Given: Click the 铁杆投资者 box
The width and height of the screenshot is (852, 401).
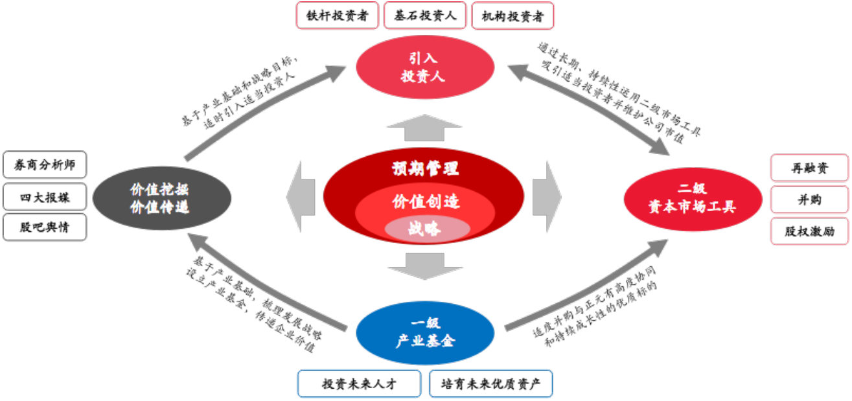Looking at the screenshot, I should pos(337,16).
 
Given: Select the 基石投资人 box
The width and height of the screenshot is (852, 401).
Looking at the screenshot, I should pos(425,16).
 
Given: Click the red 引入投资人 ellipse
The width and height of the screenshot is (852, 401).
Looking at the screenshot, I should pos(424,67).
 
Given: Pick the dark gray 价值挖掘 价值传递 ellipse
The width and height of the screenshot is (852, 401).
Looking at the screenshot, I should pos(161,198).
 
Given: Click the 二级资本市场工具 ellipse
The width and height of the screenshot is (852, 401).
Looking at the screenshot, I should pos(693,199).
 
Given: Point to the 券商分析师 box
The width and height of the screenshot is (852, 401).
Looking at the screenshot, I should pos(45,165).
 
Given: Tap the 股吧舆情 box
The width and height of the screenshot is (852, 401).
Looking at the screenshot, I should pos(45,227).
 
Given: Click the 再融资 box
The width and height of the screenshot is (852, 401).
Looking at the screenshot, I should pos(809,168).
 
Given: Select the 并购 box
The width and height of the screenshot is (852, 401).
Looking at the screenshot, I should pos(809,200).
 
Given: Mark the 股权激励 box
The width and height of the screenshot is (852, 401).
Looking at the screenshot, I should pos(809,231).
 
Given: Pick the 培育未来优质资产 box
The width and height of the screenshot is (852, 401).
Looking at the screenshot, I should pos(490,384).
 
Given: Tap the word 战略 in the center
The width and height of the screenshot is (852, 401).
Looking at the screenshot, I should pos(424,229).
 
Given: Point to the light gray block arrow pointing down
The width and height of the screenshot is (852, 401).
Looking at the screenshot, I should pos(424,266).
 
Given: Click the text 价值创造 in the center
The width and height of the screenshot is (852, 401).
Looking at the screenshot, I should pos(425,201).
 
